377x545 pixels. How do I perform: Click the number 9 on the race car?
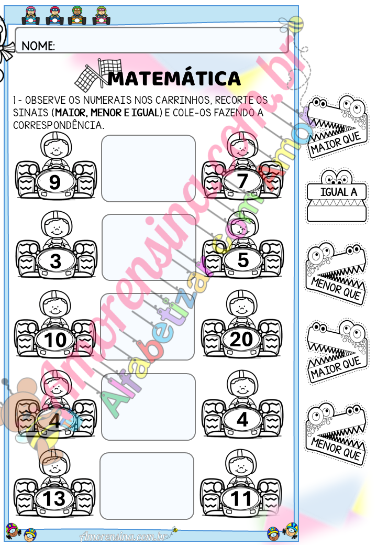click(x=55, y=182)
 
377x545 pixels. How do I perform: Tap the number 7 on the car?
click(x=242, y=181)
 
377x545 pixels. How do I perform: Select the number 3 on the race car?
click(x=56, y=261)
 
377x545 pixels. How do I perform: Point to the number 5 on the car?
click(x=243, y=259)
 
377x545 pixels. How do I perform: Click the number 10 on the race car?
click(x=55, y=340)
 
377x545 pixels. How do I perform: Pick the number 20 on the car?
click(x=241, y=339)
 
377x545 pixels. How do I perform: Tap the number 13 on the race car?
click(x=54, y=499)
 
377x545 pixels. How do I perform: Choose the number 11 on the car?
click(x=241, y=498)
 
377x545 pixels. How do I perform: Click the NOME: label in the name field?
click(x=38, y=46)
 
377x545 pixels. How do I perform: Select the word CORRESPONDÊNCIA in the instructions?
click(x=58, y=125)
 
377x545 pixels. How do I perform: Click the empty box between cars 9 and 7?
click(x=148, y=169)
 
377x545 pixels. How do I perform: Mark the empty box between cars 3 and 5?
click(x=149, y=247)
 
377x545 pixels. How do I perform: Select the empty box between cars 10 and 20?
click(x=147, y=326)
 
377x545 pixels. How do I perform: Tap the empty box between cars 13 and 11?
click(x=147, y=486)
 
